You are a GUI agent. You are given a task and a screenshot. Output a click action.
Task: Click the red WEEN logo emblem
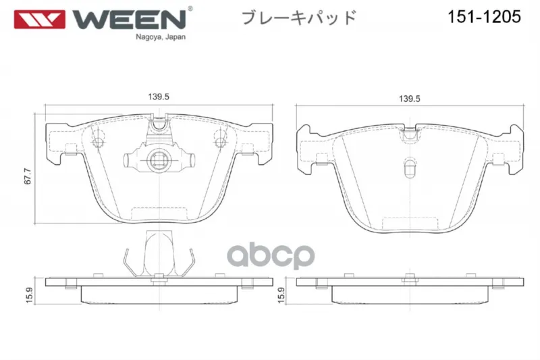tap(39, 20)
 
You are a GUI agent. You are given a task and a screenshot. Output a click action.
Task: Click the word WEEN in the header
tap(129, 20)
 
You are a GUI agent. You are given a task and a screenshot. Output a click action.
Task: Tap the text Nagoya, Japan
tap(161, 37)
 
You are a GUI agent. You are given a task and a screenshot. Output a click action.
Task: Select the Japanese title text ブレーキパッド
tap(299, 18)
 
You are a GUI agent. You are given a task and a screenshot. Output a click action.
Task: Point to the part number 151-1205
tap(484, 16)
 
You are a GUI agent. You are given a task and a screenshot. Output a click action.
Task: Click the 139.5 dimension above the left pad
tap(159, 97)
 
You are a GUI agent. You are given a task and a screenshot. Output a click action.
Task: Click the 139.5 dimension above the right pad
tap(410, 99)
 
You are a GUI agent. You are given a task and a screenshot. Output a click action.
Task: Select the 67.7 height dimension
tap(28, 176)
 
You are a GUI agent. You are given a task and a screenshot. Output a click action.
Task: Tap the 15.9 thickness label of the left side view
tap(29, 295)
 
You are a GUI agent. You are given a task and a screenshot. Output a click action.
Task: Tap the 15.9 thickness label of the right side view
tap(281, 295)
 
